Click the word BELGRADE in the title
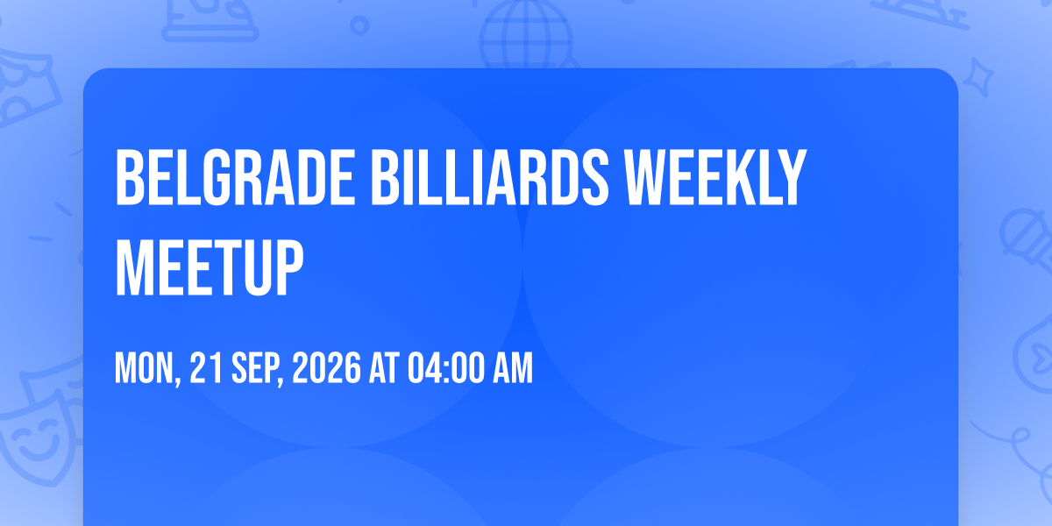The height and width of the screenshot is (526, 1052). pos(235,177)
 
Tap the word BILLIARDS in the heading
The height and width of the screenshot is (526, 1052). pos(490,177)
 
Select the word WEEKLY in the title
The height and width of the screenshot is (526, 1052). pos(715,177)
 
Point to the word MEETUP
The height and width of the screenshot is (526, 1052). pos(210,267)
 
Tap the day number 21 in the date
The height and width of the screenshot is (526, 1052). pos(206,368)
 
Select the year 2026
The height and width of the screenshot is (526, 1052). pos(326,368)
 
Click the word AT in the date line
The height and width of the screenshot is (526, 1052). pos(384,368)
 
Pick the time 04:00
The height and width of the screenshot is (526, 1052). pos(445,368)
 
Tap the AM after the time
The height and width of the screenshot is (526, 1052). pos(513,368)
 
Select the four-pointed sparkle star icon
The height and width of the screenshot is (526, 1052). pos(977,77)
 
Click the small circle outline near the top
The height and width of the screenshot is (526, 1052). pos(359,25)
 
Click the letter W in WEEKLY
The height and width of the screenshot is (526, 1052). pos(647,177)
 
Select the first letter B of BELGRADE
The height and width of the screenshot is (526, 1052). pos(130,177)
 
